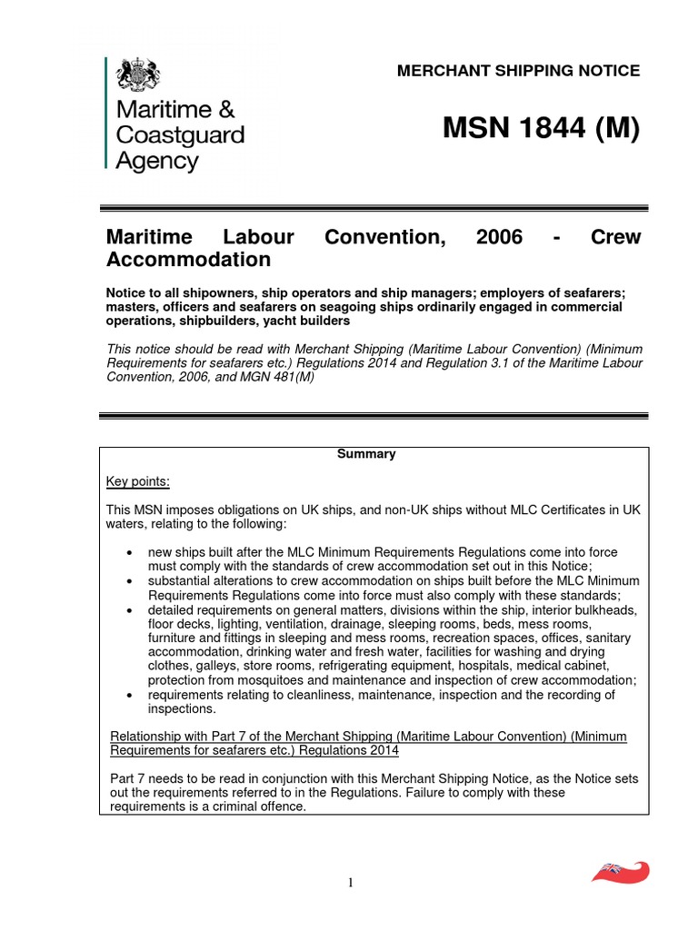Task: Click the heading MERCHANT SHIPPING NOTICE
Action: (x=519, y=71)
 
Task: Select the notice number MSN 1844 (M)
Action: (x=541, y=130)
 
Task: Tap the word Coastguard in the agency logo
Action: (x=178, y=135)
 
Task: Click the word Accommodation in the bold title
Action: (x=188, y=260)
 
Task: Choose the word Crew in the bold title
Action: (x=615, y=237)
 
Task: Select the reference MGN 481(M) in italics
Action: (x=274, y=377)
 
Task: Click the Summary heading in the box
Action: (x=366, y=454)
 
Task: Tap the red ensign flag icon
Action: (x=621, y=871)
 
